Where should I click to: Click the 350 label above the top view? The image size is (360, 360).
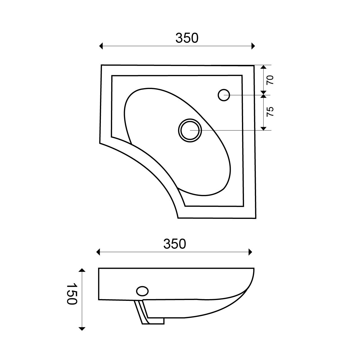(x=187, y=38)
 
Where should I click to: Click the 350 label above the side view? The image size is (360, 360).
(x=175, y=244)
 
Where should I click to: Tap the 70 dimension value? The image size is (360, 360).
(x=270, y=80)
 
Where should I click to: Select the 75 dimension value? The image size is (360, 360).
(x=270, y=112)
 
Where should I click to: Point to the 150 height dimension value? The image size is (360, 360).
(x=72, y=294)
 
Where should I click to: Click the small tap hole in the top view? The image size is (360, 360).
(x=224, y=95)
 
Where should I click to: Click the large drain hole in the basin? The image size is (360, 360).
(x=190, y=130)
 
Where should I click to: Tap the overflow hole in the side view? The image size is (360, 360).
(x=142, y=291)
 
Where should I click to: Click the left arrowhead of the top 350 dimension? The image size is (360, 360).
(x=101, y=46)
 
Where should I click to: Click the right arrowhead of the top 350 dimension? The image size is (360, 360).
(x=253, y=46)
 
